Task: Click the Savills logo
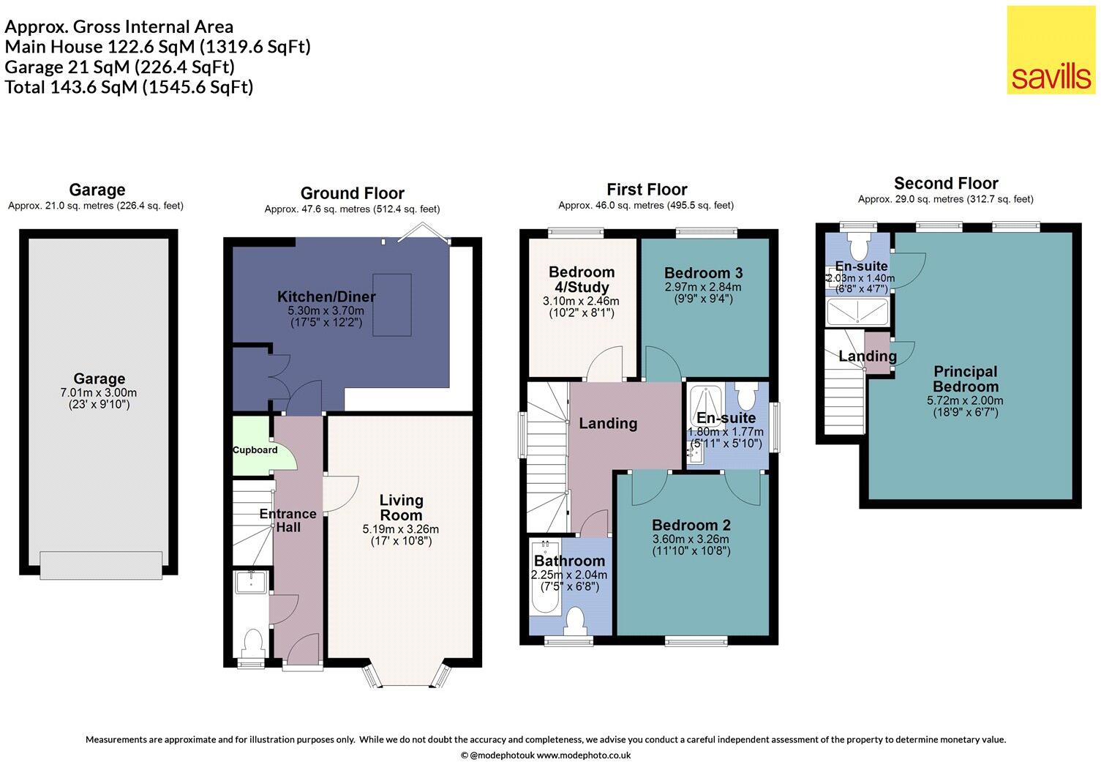[1050, 50]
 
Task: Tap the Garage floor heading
[97, 190]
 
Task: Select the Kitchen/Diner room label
[326, 296]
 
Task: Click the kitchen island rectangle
[392, 305]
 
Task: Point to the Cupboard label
[255, 450]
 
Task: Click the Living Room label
[401, 507]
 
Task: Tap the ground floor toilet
[252, 644]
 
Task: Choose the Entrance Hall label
[288, 520]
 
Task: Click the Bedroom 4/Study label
[582, 280]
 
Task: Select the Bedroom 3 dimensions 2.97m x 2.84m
[703, 287]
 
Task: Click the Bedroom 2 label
[691, 525]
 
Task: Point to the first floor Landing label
[608, 423]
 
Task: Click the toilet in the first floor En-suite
[746, 397]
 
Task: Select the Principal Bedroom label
[965, 378]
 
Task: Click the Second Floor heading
[946, 184]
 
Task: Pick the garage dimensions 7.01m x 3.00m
[99, 393]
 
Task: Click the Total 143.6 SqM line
[129, 87]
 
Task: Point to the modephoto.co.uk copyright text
[546, 755]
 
